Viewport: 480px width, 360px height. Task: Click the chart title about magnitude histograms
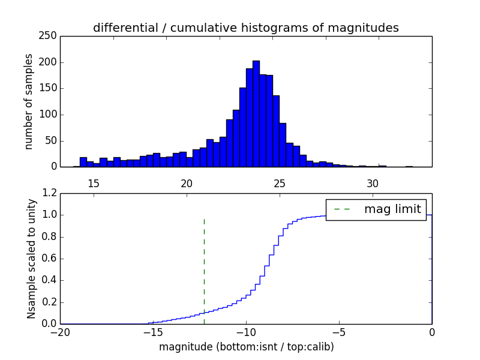coord(245,28)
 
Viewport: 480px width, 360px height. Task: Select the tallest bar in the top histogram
coord(256,114)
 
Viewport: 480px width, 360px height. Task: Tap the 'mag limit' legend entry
coord(376,209)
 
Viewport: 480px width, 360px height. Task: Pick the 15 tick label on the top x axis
coord(93,184)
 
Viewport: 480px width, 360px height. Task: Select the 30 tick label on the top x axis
coord(372,184)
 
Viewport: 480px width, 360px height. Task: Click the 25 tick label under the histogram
coord(279,184)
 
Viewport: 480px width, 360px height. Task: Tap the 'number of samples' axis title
coord(29,101)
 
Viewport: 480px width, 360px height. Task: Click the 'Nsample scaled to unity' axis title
coord(31,259)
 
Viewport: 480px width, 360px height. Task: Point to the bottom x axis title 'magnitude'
coord(246,347)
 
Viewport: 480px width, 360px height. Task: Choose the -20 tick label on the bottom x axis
coord(60,332)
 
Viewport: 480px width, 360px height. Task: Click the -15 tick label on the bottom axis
coord(152,332)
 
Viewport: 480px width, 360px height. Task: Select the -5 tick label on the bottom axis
coord(339,332)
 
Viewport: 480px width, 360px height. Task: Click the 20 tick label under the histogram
coord(186,184)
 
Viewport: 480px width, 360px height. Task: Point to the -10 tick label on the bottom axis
coord(245,332)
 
